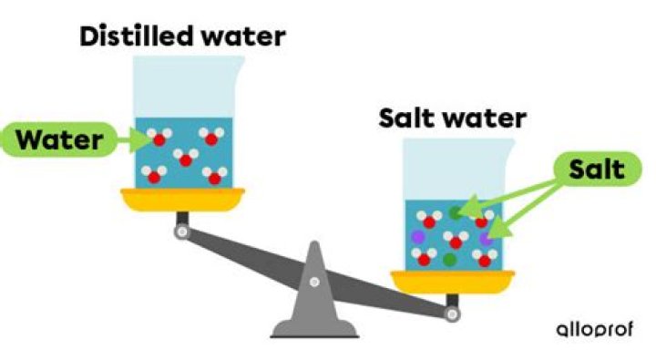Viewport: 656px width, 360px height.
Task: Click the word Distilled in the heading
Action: pyautogui.click(x=129, y=37)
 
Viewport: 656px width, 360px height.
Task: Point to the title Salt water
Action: pyautogui.click(x=452, y=118)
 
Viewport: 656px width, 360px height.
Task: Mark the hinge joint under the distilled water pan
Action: pyautogui.click(x=182, y=233)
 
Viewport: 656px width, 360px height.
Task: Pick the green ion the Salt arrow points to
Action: pyautogui.click(x=456, y=213)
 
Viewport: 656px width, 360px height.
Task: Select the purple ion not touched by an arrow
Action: pyautogui.click(x=418, y=235)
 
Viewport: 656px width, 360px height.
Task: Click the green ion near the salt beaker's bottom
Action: pyautogui.click(x=449, y=260)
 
